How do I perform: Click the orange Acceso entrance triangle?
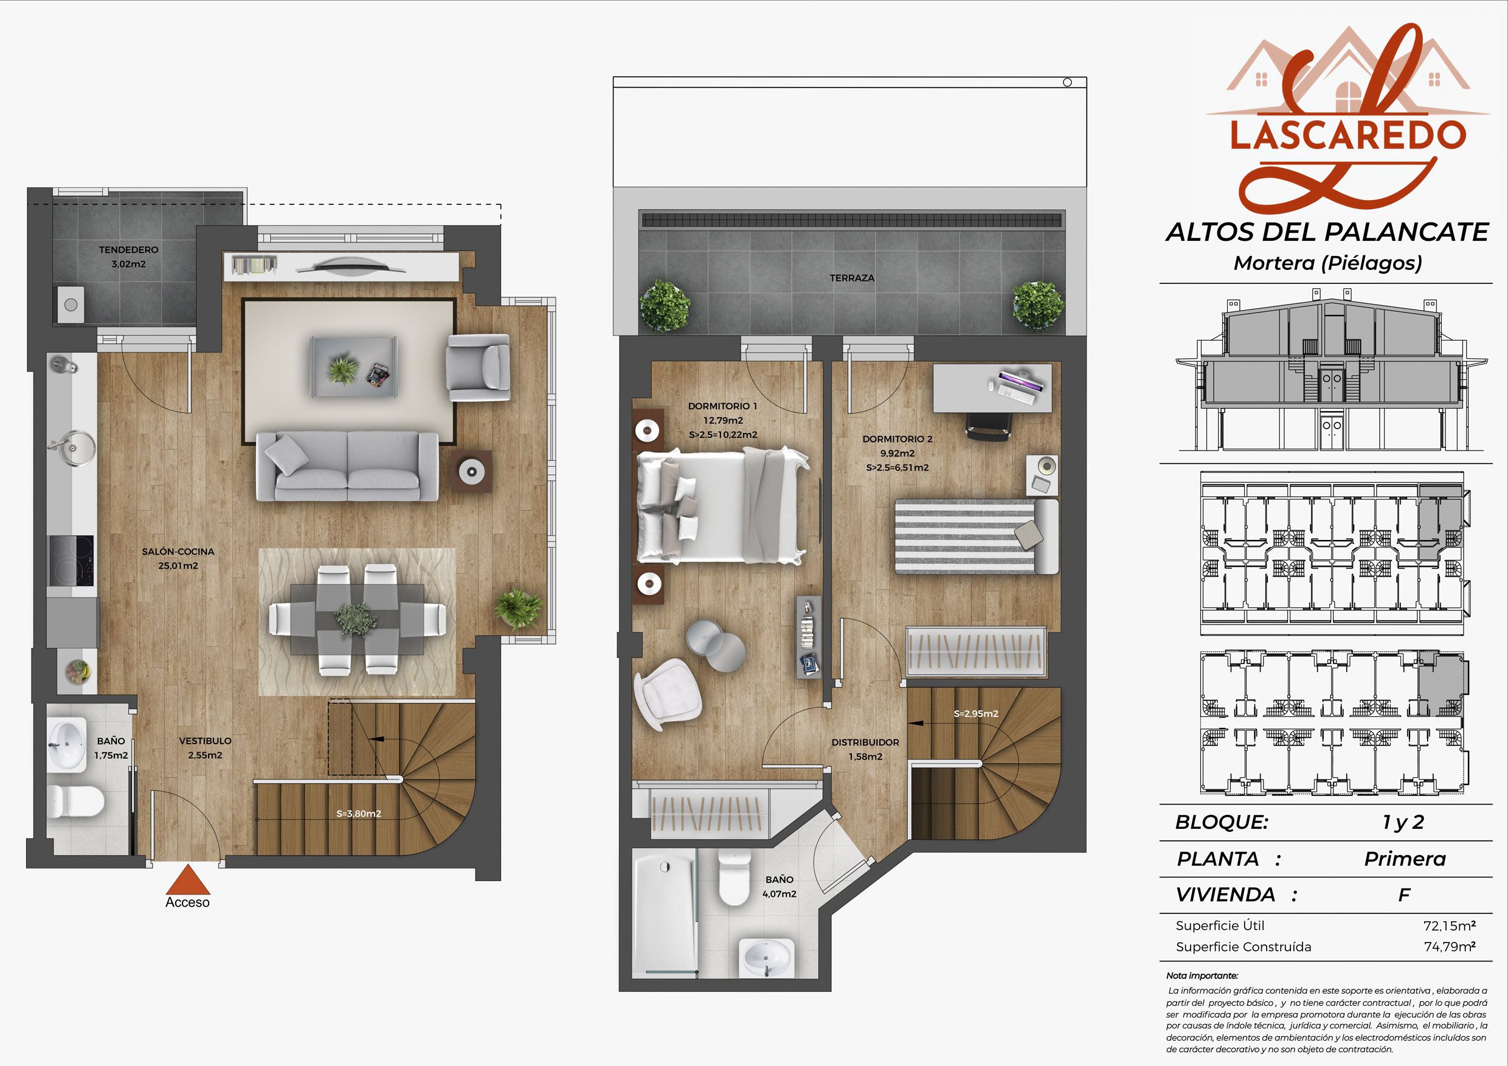[188, 880]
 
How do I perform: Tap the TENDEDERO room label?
[129, 249]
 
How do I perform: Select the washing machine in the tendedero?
[71, 304]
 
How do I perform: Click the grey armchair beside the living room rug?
[478, 368]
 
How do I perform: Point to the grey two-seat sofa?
[347, 467]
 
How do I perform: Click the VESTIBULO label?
[205, 741]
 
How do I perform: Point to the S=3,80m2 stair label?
[359, 814]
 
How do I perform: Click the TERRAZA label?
[852, 278]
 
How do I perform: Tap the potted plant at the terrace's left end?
[665, 306]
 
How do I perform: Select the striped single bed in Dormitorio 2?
[977, 536]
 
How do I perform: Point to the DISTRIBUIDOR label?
[865, 742]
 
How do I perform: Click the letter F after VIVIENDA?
[1404, 895]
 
